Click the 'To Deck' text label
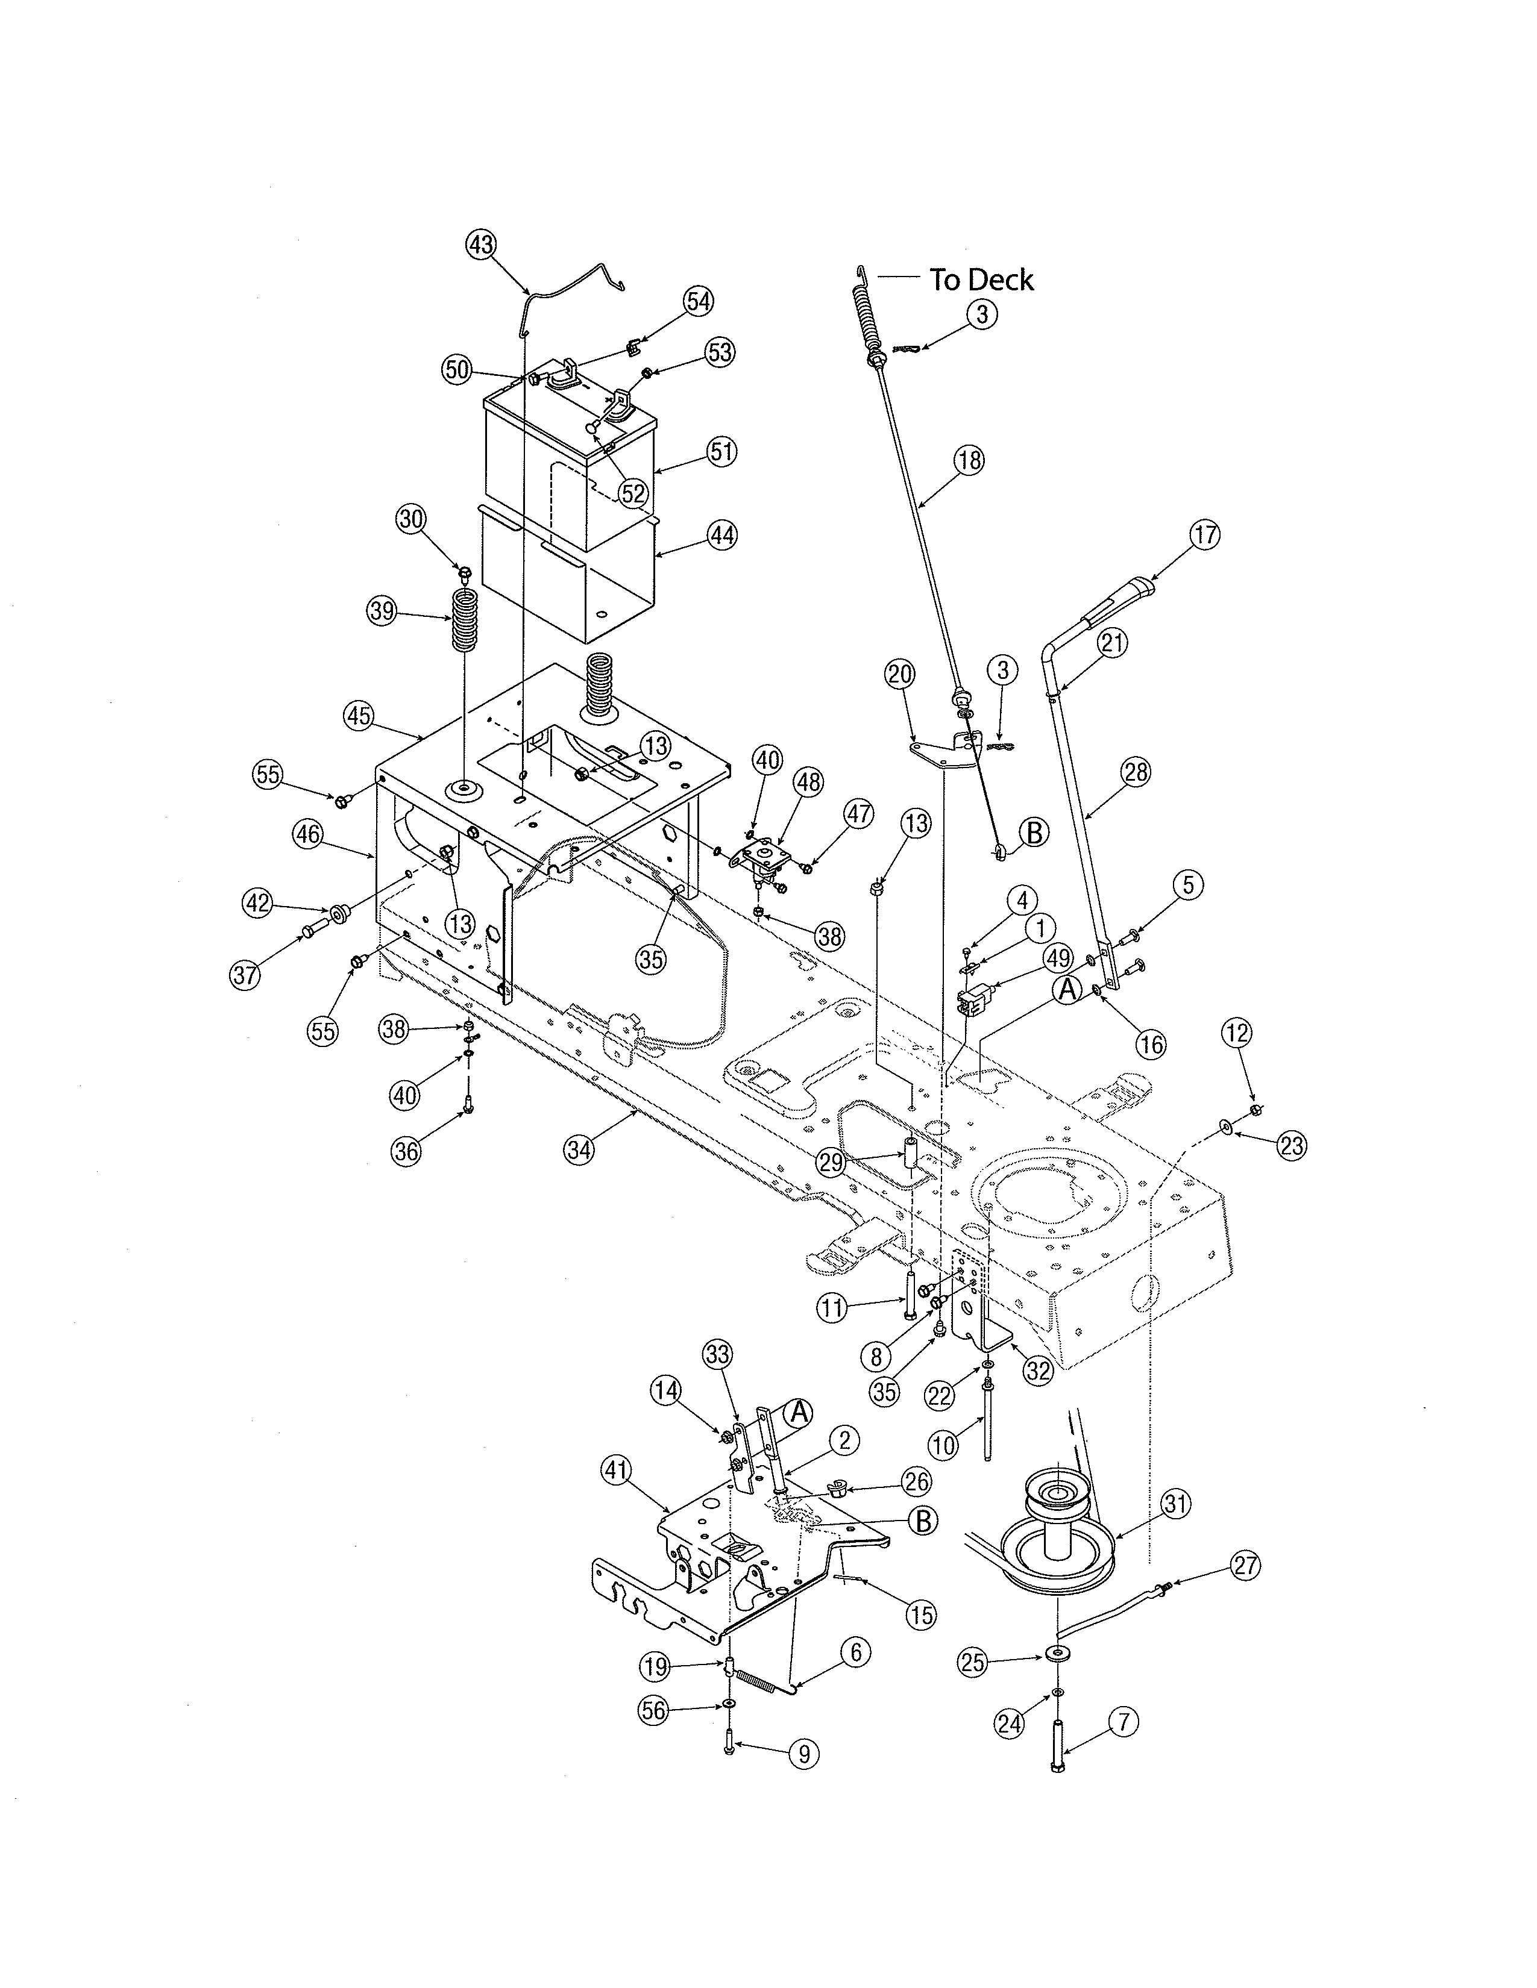click(x=981, y=280)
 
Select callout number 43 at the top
click(x=482, y=244)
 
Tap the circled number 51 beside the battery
click(x=722, y=451)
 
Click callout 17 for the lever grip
click(x=1205, y=534)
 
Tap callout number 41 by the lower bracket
click(x=617, y=1469)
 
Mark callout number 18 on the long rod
click(x=970, y=461)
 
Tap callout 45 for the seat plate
click(x=359, y=716)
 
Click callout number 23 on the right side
click(x=1291, y=1145)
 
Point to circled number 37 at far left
click(x=245, y=976)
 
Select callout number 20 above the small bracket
click(x=900, y=675)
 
